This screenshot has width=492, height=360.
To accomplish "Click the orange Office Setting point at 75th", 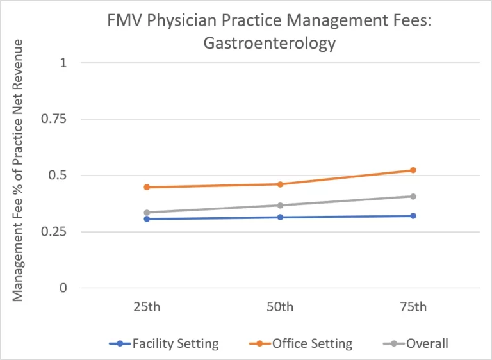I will tap(413, 170).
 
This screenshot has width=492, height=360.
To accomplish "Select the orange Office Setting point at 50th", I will tap(280, 184).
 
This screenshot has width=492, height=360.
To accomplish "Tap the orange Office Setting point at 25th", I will tap(147, 187).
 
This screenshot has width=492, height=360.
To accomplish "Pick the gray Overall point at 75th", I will tap(413, 197).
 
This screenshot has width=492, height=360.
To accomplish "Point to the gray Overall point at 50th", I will tap(280, 206).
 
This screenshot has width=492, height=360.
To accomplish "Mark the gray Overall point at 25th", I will tap(147, 213).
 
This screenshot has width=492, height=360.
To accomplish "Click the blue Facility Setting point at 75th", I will tap(413, 216).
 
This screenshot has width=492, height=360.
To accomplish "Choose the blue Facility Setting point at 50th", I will tap(280, 217).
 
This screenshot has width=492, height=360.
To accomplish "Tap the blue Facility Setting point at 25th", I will tap(147, 219).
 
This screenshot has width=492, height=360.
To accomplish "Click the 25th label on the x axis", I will tap(147, 307).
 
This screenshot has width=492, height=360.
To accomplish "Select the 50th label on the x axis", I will tap(280, 307).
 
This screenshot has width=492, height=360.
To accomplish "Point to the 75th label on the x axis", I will tap(413, 307).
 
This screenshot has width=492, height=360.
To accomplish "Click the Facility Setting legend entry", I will tap(175, 344).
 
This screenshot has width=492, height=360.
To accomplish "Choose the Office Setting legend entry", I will tap(312, 344).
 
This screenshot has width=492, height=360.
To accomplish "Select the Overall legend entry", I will tap(427, 344).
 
